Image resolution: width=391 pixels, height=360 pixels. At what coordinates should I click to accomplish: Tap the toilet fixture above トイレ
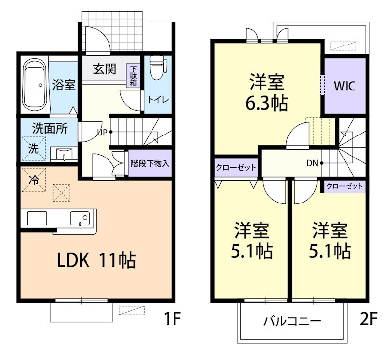point(156,68)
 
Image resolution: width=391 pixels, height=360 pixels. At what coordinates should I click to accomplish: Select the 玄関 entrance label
point(105,69)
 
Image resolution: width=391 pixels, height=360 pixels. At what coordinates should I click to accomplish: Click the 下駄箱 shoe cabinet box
point(133,76)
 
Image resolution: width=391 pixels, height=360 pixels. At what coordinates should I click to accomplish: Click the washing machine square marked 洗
point(33,148)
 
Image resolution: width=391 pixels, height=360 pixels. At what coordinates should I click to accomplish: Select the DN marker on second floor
point(313,163)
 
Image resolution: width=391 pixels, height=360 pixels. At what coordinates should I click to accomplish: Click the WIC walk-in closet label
point(345,86)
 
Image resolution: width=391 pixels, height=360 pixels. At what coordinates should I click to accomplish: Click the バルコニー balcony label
point(292,321)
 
